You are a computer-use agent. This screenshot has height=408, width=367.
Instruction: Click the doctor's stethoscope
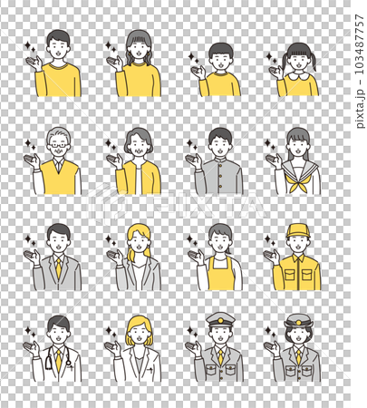coord(48,361)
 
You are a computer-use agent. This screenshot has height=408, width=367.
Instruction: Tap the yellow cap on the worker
coord(298,231)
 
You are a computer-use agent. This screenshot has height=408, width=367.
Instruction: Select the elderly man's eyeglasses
coord(59,145)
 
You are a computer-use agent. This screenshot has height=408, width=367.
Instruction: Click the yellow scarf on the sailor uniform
coord(296,182)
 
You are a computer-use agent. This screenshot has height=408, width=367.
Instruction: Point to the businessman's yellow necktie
coord(58,268)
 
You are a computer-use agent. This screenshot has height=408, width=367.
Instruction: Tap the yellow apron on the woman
coord(219,274)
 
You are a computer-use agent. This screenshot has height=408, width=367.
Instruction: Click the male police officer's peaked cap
coord(220,319)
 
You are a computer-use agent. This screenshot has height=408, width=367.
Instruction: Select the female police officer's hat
coord(298,321)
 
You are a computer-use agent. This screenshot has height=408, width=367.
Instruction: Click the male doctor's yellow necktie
coord(58,361)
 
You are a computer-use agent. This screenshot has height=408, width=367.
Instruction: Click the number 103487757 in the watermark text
coord(360,44)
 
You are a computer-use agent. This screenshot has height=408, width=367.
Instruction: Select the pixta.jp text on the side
coord(360,109)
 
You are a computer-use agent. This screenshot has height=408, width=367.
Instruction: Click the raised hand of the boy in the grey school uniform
coord(194,160)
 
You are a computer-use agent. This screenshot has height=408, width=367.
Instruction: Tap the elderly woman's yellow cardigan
coord(138,178)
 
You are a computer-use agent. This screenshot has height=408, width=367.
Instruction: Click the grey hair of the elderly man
coord(59,134)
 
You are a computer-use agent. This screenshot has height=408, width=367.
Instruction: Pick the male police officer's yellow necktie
coord(221,357)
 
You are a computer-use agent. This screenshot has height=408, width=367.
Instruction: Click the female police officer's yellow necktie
coord(298,357)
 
